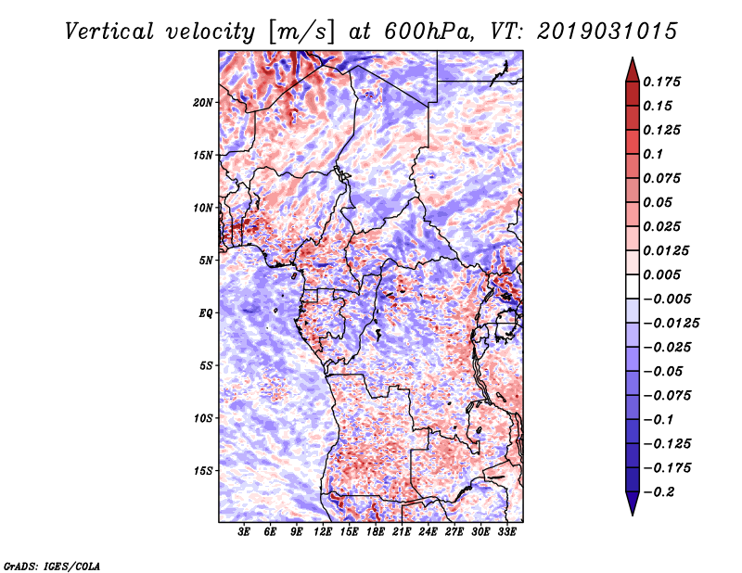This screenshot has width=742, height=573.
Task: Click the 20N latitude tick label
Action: coord(203,102)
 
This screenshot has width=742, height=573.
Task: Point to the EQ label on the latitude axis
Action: coord(206,312)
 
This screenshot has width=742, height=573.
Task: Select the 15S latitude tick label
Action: coord(203,470)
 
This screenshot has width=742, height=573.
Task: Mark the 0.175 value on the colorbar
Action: coord(665,82)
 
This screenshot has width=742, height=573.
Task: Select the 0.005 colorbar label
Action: coord(665,274)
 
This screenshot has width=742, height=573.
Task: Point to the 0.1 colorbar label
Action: coord(656,154)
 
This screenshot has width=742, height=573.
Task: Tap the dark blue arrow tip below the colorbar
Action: coord(632,508)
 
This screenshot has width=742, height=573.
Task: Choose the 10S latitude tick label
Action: coord(203,418)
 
